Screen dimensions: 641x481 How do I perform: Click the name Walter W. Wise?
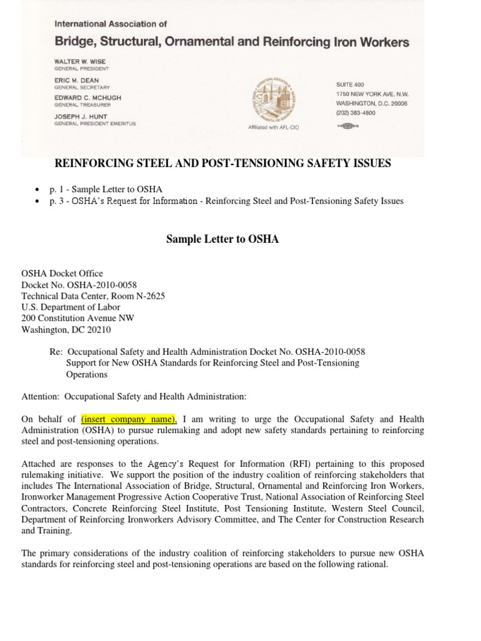click(x=78, y=62)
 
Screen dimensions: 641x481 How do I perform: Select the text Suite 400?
click(x=349, y=85)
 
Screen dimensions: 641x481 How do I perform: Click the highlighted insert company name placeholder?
click(x=129, y=419)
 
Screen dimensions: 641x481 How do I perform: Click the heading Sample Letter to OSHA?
click(x=222, y=239)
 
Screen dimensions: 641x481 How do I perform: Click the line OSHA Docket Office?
click(x=62, y=274)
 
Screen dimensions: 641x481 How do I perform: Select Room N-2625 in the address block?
click(x=140, y=296)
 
